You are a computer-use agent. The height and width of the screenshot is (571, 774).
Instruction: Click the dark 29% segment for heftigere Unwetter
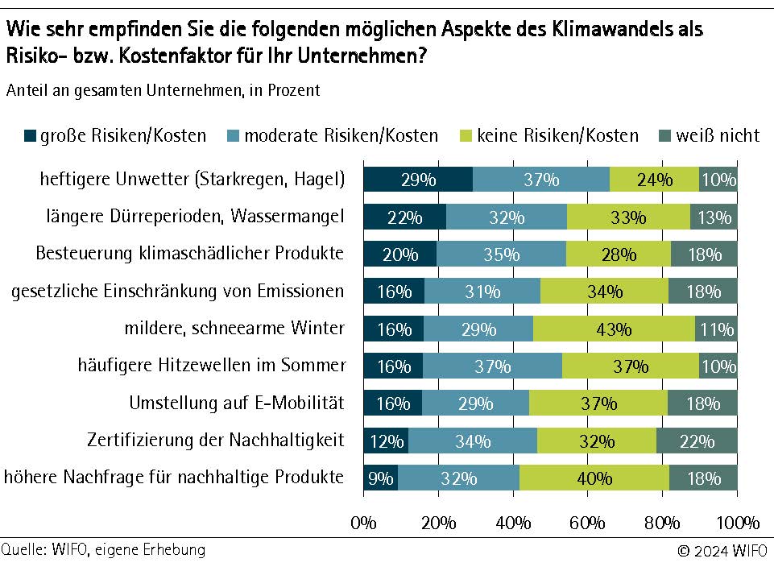point(418,180)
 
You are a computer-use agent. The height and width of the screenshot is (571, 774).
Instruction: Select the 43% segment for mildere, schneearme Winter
point(614,329)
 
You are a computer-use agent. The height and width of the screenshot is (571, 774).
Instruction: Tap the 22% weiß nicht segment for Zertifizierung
point(697,441)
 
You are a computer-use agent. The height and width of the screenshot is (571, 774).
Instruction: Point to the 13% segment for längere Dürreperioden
point(714,217)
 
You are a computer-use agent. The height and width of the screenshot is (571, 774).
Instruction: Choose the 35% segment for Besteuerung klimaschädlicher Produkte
point(501,254)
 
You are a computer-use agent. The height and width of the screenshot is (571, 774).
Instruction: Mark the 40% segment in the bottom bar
point(594,478)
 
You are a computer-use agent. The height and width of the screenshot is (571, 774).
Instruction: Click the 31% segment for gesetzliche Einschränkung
point(482,292)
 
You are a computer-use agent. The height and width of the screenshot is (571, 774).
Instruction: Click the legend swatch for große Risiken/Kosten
point(31,135)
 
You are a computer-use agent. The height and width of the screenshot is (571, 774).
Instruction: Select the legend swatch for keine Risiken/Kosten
point(466,135)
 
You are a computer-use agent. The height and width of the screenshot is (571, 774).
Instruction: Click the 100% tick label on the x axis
point(737,523)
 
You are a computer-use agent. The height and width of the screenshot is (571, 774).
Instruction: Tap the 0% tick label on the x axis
point(364,523)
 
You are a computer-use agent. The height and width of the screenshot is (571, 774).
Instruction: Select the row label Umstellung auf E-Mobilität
point(237,403)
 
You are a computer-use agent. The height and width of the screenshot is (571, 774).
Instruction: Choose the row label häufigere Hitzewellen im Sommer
point(212,366)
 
